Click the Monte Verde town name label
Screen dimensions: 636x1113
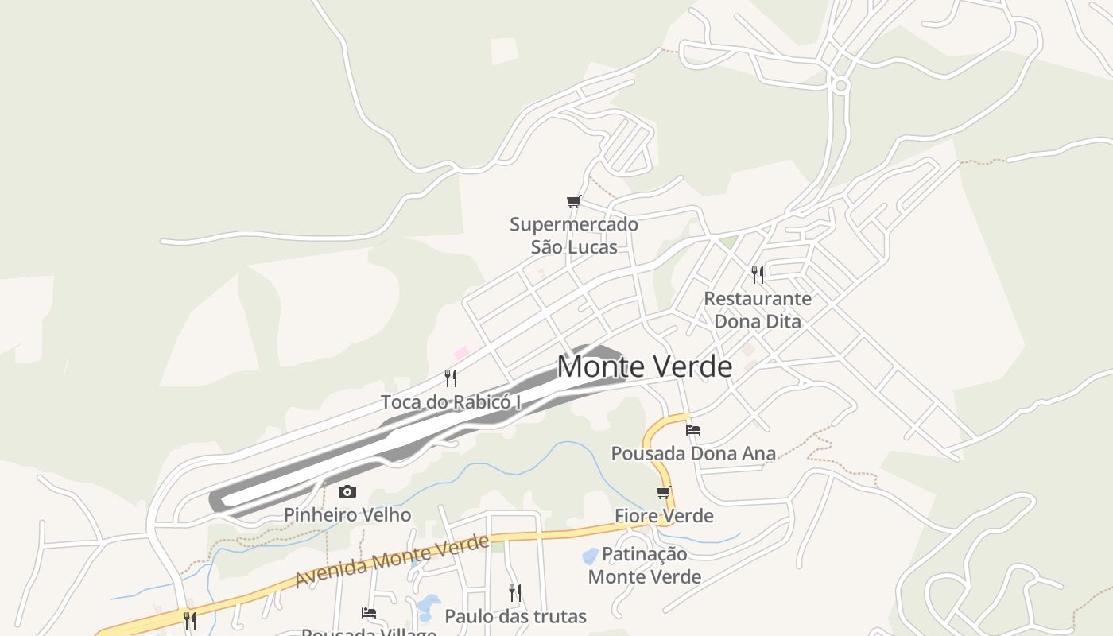point(644,366)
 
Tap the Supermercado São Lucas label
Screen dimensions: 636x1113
point(574,235)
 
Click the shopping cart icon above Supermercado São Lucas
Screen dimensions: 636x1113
point(573,202)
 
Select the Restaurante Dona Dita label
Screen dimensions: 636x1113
point(758,310)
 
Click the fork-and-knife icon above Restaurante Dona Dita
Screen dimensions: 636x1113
point(758,275)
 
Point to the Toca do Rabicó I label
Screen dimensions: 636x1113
point(450,402)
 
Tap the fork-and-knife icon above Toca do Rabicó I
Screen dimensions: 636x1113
point(451,378)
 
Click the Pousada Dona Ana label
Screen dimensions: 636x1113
point(692,454)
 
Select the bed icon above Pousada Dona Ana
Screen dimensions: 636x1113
point(693,430)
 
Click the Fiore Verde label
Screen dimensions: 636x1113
point(664,517)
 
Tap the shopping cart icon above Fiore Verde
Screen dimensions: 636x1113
point(664,492)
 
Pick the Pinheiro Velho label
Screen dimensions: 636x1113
point(347,515)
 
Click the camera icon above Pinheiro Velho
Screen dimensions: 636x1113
point(347,492)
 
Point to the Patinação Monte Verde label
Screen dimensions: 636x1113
point(645,565)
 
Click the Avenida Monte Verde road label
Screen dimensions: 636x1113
point(391,561)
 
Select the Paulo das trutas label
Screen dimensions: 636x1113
point(515,616)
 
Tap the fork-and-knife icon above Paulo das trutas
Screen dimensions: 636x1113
point(515,592)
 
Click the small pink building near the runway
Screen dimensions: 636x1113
point(461,352)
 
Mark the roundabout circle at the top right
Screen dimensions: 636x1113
point(840,84)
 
